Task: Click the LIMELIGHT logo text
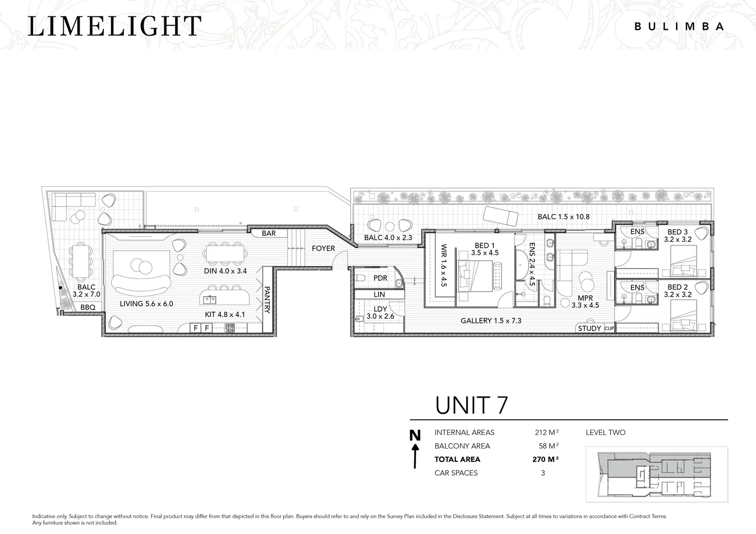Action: tap(115, 26)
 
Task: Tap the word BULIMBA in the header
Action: tap(679, 27)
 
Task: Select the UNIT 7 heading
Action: tap(471, 405)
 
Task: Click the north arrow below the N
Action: tap(415, 456)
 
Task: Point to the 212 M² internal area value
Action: tap(547, 432)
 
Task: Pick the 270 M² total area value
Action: tap(545, 459)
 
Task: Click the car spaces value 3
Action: tap(543, 473)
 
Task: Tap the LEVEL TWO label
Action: tap(606, 432)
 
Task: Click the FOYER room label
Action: tap(323, 248)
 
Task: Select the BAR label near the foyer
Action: tap(269, 233)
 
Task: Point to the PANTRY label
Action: tap(267, 300)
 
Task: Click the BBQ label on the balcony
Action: tap(88, 308)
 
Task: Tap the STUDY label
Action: tap(589, 328)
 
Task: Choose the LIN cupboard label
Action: tap(379, 294)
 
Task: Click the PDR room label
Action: tap(380, 278)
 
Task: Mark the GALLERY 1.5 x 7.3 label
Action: tap(491, 320)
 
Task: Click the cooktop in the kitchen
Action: tap(230, 328)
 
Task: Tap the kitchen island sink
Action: tap(210, 299)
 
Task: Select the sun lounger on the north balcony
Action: tap(501, 216)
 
